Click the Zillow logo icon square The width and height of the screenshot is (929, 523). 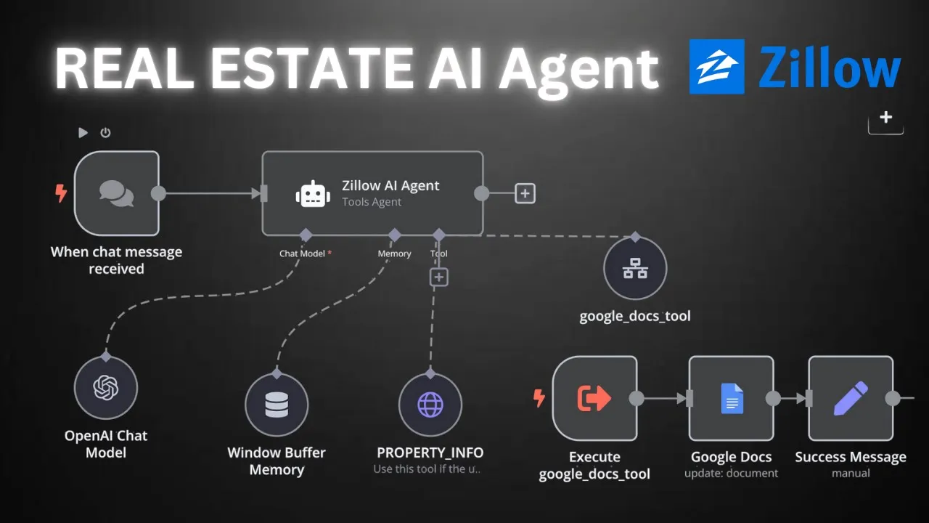tap(716, 67)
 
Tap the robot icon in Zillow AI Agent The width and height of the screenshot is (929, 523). tap(313, 194)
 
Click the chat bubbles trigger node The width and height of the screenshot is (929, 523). tap(117, 193)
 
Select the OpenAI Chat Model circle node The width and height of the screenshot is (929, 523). tap(106, 388)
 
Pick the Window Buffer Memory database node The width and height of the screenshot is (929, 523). tap(277, 405)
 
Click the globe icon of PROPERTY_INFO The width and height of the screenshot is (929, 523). tap(430, 405)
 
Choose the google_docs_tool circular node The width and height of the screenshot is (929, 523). tap(636, 269)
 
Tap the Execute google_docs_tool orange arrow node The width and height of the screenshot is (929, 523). tap(594, 398)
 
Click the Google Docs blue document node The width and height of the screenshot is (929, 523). tap(732, 398)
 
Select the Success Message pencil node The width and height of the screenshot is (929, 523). tap(851, 398)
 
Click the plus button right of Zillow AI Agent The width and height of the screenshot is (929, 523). tap(525, 194)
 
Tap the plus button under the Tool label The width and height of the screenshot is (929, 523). tap(439, 277)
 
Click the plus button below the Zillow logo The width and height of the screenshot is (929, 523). tap(885, 118)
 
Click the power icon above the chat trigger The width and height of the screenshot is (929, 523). tap(105, 132)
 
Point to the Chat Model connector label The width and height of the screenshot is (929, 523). tap(303, 254)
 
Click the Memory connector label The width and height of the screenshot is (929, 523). tap(394, 254)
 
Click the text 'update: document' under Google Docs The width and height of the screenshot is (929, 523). tap(731, 474)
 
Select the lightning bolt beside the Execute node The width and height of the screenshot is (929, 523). tap(539, 398)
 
